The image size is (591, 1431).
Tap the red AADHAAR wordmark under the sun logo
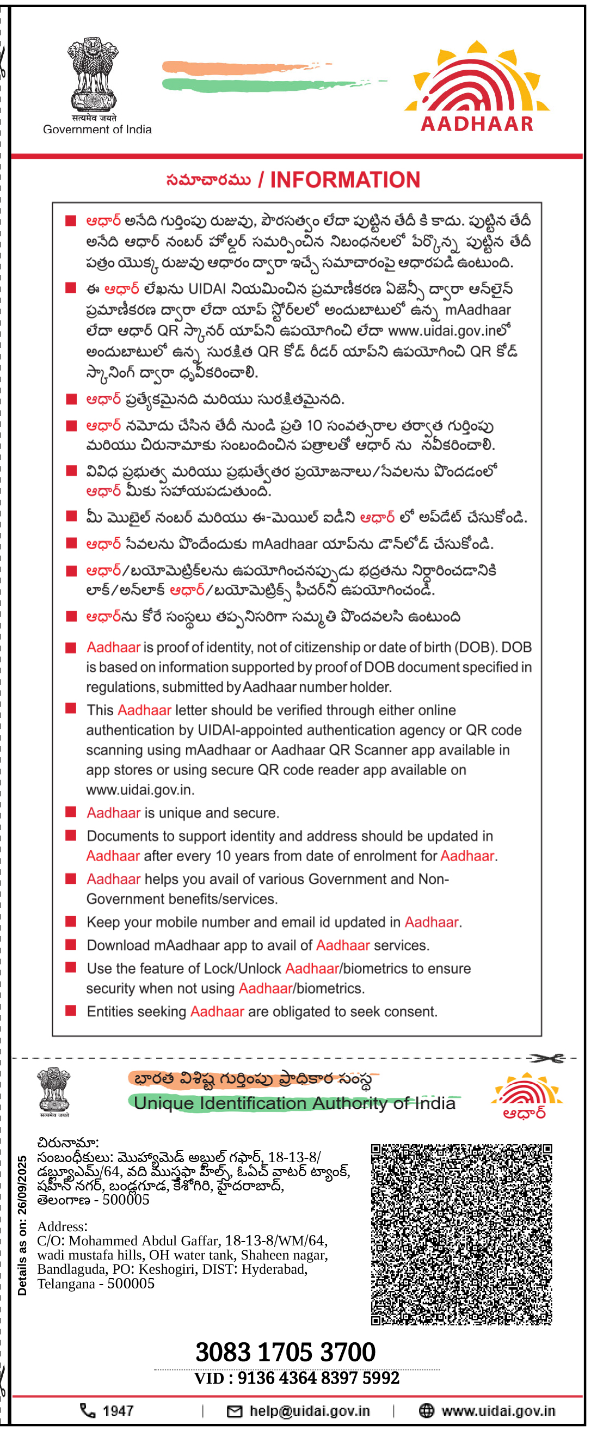pos(477,124)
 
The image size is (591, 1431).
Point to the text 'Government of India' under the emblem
pos(97,130)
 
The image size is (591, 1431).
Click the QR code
pos(461,1234)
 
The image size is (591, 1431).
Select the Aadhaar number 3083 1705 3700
pos(286,1351)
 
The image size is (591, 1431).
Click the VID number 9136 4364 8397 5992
pos(318,1378)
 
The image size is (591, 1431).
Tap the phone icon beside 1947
pos(88,1410)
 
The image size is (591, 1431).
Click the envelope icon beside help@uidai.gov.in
pos(235,1411)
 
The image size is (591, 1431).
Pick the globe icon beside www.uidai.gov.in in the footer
pos(426,1410)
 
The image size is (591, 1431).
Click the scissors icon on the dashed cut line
pos(546,1058)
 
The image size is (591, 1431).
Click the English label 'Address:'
pos(62,1226)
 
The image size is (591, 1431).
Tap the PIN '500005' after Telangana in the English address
pos(131,1283)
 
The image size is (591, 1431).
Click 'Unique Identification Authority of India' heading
pos(294,1103)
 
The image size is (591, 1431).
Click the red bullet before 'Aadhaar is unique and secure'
pos(71,812)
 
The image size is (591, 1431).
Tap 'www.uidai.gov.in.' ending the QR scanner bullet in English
pos(140,789)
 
